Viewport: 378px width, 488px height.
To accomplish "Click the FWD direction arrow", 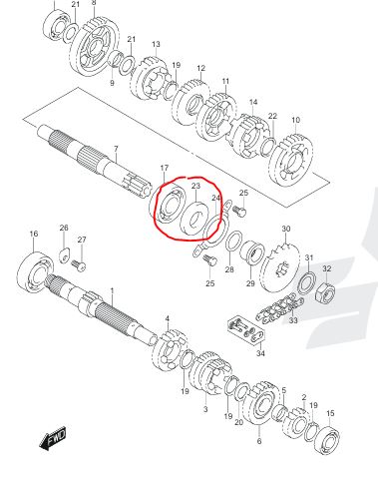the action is tap(53, 439).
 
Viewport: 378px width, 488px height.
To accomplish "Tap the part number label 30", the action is tap(286, 229).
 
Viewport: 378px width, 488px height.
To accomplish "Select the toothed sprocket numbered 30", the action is tap(280, 266).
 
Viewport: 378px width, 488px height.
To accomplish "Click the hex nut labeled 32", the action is tap(326, 291).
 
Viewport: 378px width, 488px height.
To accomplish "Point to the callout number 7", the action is tap(116, 149).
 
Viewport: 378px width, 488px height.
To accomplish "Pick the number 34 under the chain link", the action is tap(260, 353).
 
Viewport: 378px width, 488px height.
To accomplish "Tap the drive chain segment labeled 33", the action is tap(279, 307).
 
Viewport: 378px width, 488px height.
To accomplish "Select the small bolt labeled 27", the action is tap(79, 264).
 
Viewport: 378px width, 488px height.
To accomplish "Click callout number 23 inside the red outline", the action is tap(195, 186).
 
